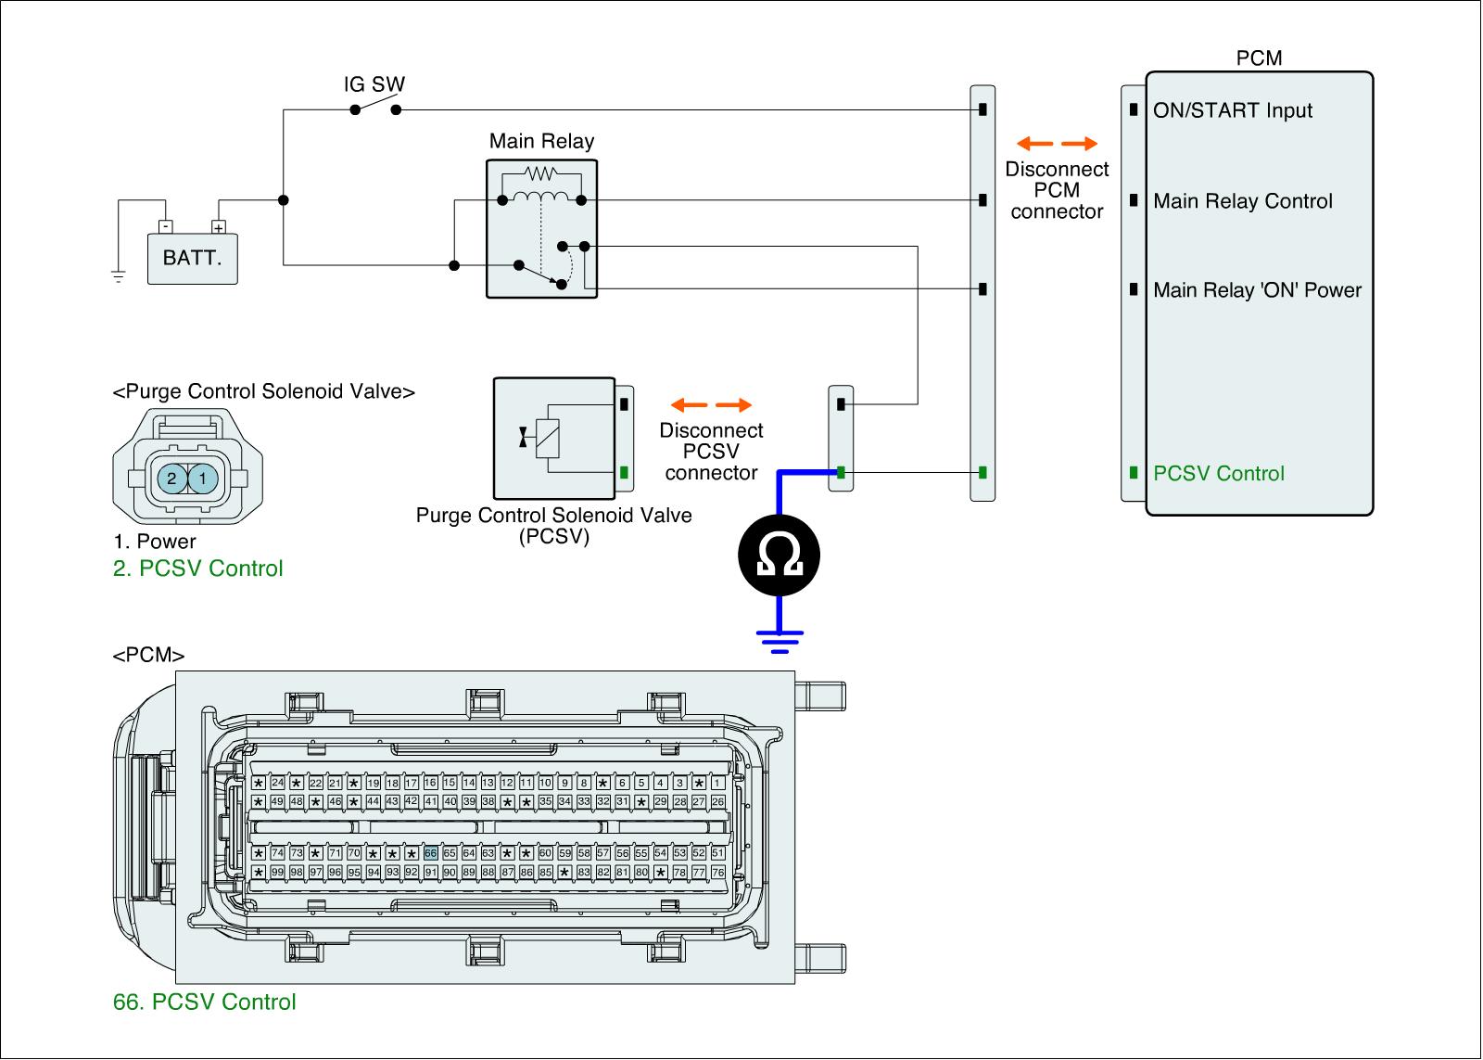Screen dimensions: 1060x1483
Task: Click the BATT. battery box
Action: [192, 258]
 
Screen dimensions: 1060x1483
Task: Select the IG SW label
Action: [374, 84]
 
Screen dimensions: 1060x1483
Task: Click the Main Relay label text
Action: [541, 142]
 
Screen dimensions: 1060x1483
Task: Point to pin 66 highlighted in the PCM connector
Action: [430, 853]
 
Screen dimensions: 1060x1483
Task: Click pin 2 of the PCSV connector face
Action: [171, 478]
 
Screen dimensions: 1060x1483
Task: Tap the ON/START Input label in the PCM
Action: [1232, 110]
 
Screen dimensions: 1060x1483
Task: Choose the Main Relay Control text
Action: [1242, 201]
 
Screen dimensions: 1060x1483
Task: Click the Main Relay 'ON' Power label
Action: [1257, 290]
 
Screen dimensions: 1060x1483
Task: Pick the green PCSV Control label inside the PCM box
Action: [1218, 474]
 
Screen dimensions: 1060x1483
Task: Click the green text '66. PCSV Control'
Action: [204, 1002]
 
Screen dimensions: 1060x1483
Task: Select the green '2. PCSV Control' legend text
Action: [197, 568]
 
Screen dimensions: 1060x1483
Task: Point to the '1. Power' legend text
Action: [154, 542]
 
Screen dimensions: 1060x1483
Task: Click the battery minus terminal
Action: [164, 225]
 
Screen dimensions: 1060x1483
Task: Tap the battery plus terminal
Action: [219, 226]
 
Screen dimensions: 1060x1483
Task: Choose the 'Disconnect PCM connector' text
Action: [1057, 190]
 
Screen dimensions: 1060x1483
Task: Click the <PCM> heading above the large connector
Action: [148, 656]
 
